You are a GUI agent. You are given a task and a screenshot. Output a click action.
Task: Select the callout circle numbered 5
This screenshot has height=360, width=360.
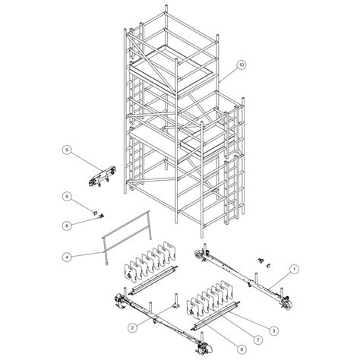[x=67, y=151]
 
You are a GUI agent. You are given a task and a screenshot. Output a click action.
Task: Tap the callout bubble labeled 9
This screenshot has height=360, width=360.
[x=67, y=197]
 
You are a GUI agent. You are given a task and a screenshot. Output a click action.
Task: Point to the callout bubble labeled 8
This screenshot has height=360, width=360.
[x=67, y=224]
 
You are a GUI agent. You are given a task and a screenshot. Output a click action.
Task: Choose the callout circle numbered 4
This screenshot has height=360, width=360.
[x=67, y=257]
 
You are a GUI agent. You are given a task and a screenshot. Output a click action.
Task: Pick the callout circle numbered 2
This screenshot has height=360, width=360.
[x=131, y=328]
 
